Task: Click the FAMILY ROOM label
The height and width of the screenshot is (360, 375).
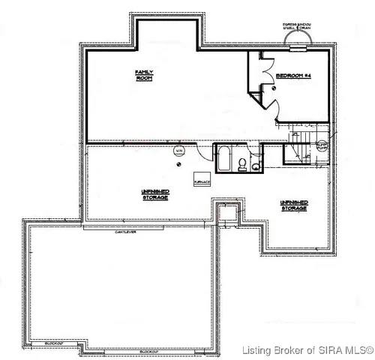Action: point(143,75)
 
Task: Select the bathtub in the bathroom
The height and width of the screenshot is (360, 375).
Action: point(223,160)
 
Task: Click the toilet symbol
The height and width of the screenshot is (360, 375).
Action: point(242,165)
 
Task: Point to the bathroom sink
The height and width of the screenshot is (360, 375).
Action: point(256,166)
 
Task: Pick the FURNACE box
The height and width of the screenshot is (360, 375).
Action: point(202,181)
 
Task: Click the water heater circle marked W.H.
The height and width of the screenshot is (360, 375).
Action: point(178,151)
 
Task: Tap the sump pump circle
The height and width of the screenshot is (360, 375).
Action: point(322,147)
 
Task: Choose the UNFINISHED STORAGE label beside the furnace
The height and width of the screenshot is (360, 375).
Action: point(155,194)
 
